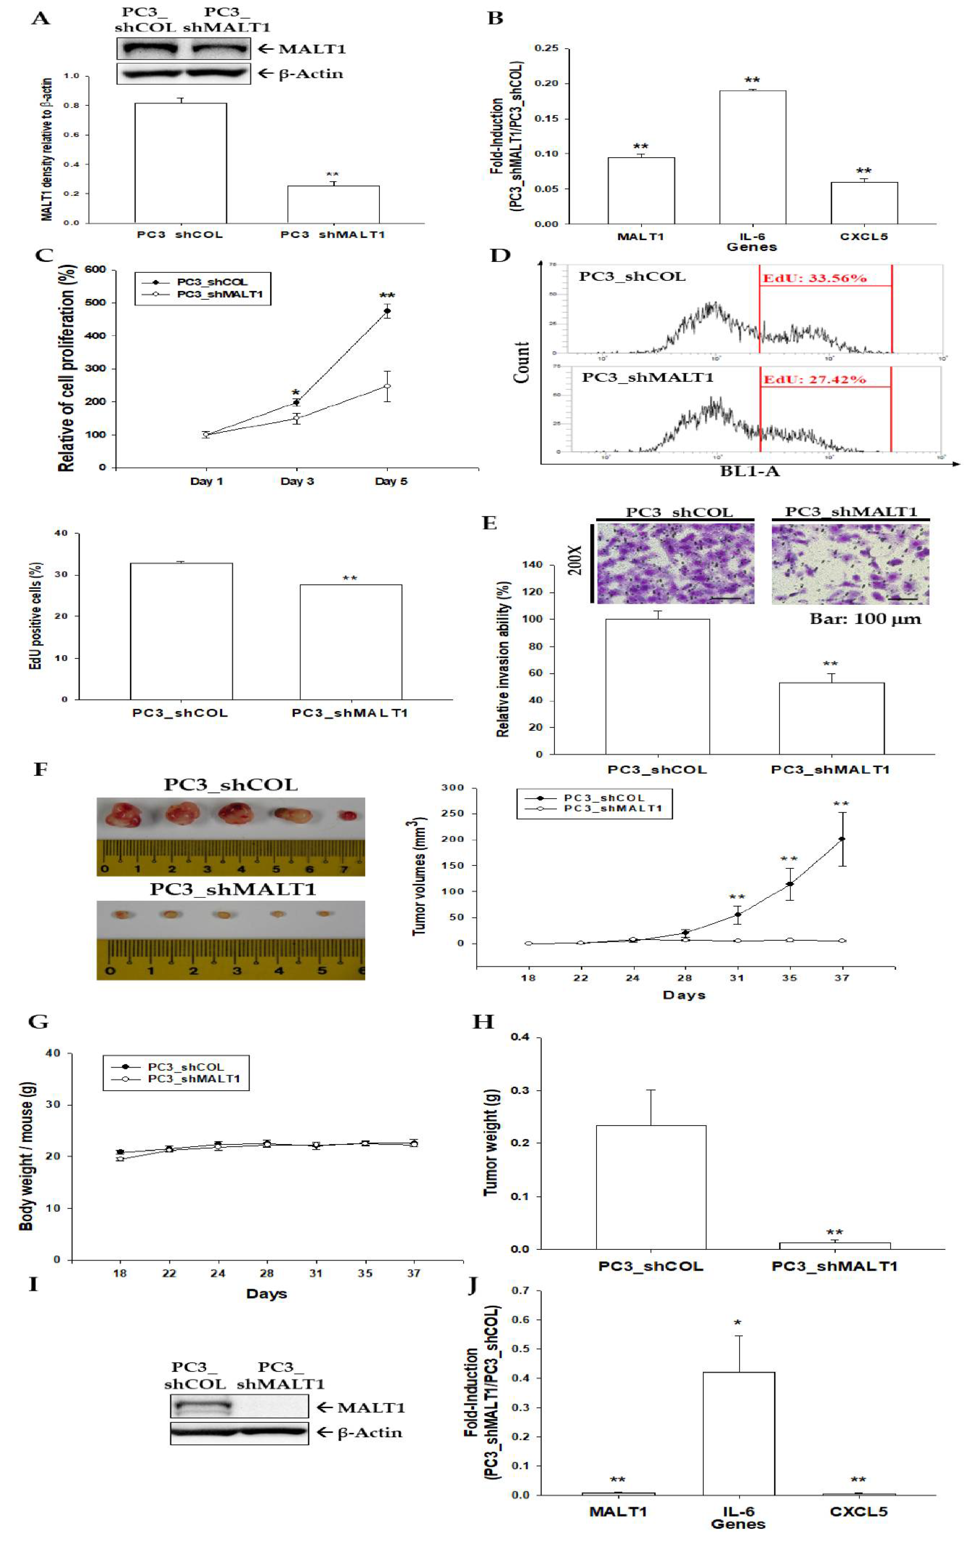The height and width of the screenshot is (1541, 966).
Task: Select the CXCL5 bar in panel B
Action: [x=864, y=203]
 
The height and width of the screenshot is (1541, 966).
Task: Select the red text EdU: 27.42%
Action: [x=815, y=380]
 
